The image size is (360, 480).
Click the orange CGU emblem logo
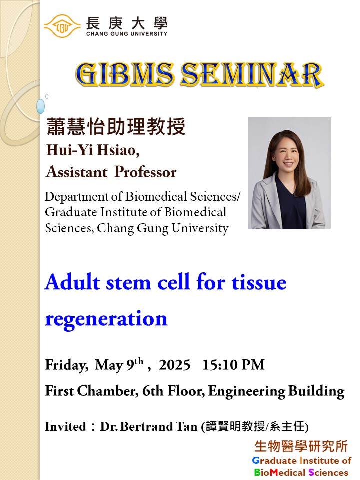[62, 26]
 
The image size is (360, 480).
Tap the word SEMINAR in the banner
[252, 75]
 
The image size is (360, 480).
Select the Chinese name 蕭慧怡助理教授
[116, 126]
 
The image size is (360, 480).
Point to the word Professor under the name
[145, 172]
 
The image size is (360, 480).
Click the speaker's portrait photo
[289, 173]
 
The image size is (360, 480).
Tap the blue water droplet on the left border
[40, 106]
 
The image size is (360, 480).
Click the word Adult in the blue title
[73, 282]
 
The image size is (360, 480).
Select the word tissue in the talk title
[259, 282]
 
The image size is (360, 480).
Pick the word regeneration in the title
[106, 319]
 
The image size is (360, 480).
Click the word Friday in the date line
[67, 365]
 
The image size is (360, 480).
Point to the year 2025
[175, 365]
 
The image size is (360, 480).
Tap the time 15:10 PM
[233, 365]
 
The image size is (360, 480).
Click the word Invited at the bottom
[66, 426]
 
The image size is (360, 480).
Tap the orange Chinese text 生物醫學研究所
[301, 446]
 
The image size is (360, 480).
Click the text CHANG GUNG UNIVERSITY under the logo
[127, 34]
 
